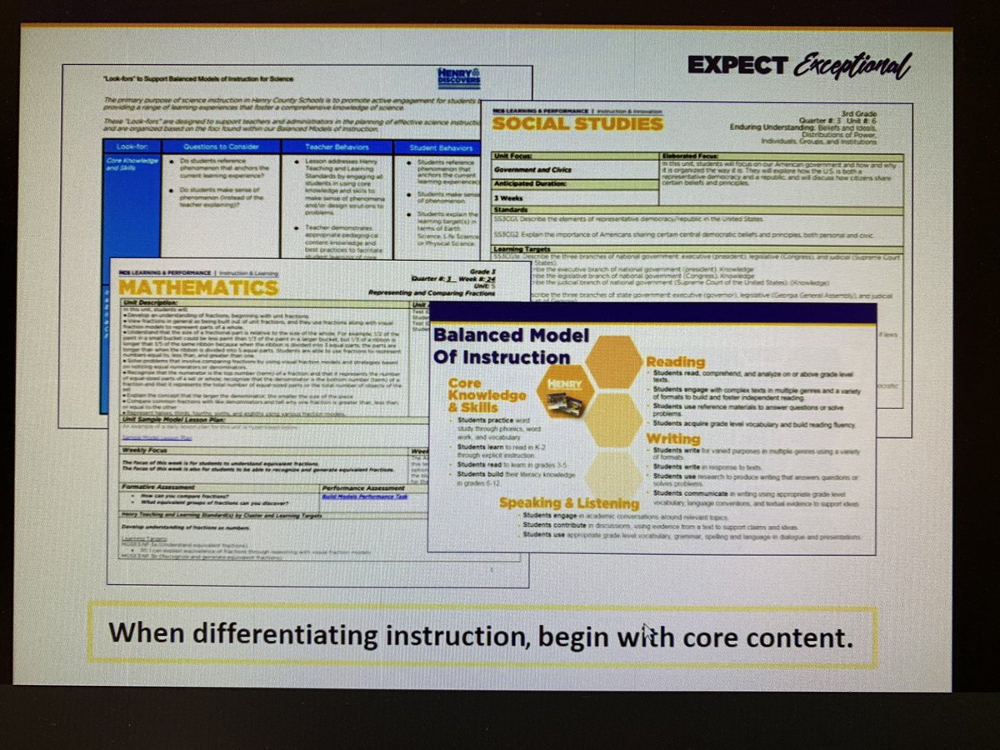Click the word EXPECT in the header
pos(737,65)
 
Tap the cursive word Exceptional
pos(850,65)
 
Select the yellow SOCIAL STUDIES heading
pos(577,124)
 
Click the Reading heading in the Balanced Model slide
pos(675,362)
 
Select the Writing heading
pos(673,438)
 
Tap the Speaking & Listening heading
pos(568,502)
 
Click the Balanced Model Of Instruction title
pos(502,346)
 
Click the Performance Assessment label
pos(364,487)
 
